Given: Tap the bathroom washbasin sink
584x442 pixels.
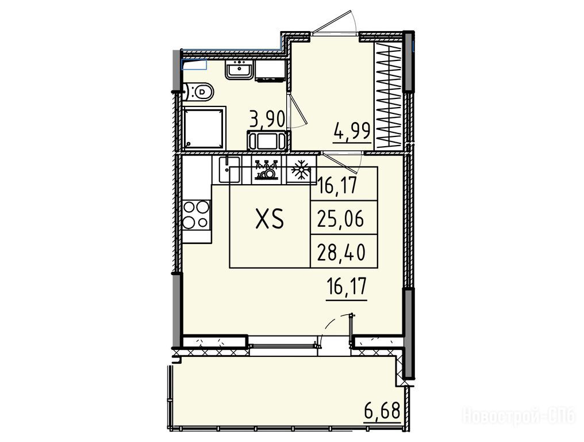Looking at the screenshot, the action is click(239, 70).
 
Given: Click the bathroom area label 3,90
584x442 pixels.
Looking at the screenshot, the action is click(267, 119).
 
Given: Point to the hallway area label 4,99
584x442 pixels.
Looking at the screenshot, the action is click(352, 131).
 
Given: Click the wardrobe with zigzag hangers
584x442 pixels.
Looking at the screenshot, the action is click(389, 95).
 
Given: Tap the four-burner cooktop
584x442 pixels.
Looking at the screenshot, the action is click(196, 215).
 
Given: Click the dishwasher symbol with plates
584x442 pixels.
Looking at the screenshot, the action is click(266, 170).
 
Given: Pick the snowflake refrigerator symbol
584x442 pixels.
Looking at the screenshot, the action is click(301, 170).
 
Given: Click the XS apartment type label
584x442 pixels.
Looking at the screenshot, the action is click(270, 218).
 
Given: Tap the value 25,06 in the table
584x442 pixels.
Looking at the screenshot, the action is click(341, 219).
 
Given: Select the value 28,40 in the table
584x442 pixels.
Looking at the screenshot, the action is click(341, 252).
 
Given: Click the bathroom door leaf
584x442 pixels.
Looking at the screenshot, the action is click(298, 109).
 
